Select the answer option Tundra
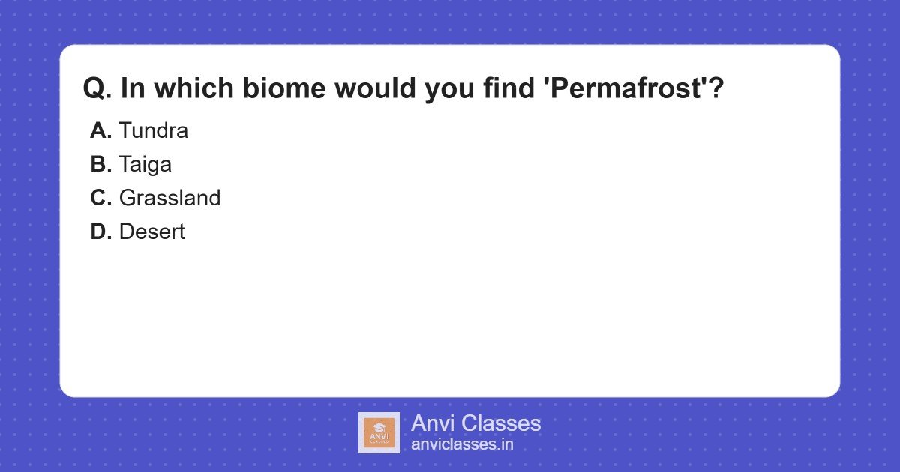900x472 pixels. pyautogui.click(x=153, y=131)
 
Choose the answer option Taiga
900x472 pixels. pyautogui.click(x=145, y=165)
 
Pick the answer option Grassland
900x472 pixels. pyautogui.click(x=169, y=199)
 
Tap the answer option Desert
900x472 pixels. pyautogui.click(x=151, y=232)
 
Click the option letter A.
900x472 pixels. pyautogui.click(x=100, y=131)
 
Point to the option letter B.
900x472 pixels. pyautogui.click(x=100, y=165)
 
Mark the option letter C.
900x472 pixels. pyautogui.click(x=100, y=199)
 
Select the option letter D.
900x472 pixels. pyautogui.click(x=100, y=232)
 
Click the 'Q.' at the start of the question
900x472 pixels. pyautogui.click(x=97, y=89)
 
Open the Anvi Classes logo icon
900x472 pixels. pyautogui.click(x=379, y=432)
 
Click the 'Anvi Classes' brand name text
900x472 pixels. pyautogui.click(x=475, y=423)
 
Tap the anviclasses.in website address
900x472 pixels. pyautogui.click(x=462, y=444)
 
